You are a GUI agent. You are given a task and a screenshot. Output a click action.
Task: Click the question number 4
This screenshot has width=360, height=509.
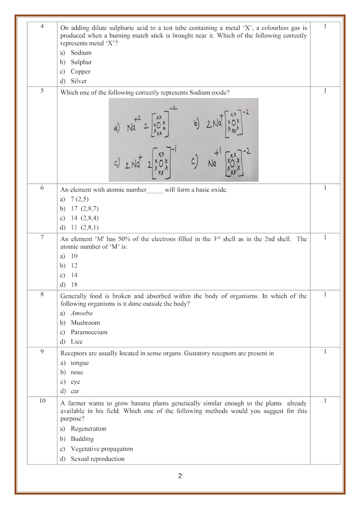click(42, 26)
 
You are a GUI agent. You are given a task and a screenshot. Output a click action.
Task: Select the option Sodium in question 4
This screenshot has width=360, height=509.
click(81, 53)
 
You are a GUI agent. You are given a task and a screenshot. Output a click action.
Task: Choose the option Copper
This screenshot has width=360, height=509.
click(80, 71)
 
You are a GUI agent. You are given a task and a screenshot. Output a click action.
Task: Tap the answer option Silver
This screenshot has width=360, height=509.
click(79, 81)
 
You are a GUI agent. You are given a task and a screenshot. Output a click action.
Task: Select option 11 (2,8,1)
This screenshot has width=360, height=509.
click(84, 227)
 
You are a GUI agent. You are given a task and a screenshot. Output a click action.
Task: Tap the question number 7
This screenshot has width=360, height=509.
click(42, 237)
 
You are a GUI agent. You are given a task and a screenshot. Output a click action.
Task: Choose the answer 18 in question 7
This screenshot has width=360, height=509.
click(74, 284)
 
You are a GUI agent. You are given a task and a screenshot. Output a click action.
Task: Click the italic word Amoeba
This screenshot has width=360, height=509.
click(82, 313)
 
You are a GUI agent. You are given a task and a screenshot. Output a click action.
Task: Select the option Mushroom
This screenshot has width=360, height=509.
click(85, 323)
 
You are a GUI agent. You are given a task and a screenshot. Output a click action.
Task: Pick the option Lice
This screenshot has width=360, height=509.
click(77, 342)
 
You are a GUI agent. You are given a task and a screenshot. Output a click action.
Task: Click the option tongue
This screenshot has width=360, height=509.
click(80, 363)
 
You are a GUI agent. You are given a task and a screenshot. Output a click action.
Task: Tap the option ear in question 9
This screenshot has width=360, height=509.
click(75, 391)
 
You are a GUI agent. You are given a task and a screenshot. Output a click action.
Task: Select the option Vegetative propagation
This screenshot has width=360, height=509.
click(102, 449)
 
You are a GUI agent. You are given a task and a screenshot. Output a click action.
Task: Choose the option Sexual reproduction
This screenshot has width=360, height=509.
click(97, 459)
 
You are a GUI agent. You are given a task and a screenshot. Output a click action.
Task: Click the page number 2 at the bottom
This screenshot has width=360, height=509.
click(180, 476)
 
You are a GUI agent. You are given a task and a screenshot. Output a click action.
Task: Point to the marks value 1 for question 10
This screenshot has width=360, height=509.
click(325, 401)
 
